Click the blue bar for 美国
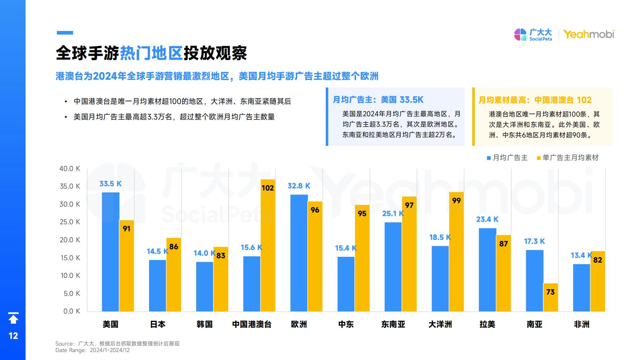click(111, 252)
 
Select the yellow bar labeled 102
click(268, 245)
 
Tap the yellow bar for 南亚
click(550, 297)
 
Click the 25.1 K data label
click(393, 214)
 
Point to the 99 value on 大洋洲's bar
click(456, 201)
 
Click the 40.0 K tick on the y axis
click(70, 168)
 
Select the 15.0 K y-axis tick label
click(70, 258)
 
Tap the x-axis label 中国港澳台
click(252, 324)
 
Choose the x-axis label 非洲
click(581, 324)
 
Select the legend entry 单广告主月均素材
click(568, 158)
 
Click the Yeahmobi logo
click(589, 35)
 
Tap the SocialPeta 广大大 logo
click(533, 35)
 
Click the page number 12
click(13, 336)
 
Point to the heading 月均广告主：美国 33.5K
click(378, 100)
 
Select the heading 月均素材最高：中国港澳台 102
click(535, 100)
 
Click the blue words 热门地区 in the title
click(151, 53)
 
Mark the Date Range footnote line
click(93, 350)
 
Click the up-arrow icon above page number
click(13, 318)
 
